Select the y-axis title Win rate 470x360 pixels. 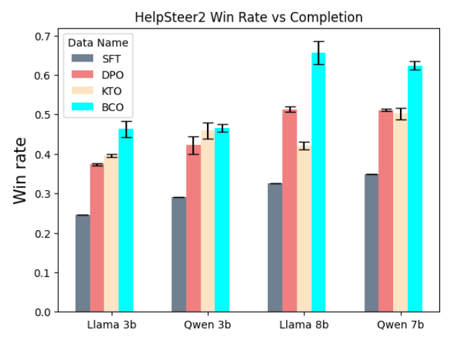(20, 170)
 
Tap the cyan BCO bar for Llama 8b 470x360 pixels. (318, 182)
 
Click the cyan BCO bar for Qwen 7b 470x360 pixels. (415, 189)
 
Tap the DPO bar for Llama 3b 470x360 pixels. (97, 238)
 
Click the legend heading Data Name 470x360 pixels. (98, 43)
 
